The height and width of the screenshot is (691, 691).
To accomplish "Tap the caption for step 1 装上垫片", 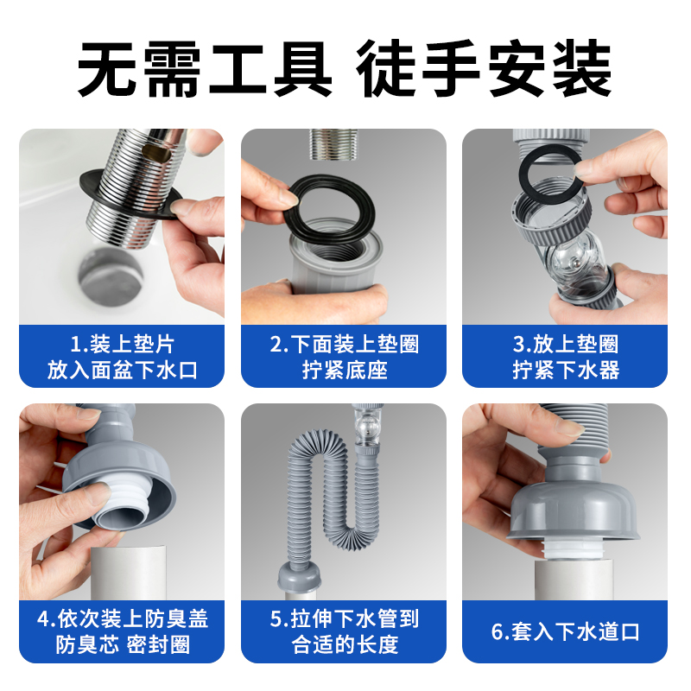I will click(x=122, y=344).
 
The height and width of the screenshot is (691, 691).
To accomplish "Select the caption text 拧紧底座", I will click(x=344, y=371).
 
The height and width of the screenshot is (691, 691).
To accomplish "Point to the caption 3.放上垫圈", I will click(x=566, y=344).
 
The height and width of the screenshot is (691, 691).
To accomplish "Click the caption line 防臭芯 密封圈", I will click(x=122, y=646).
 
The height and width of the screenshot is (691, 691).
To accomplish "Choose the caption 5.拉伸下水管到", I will click(x=344, y=618).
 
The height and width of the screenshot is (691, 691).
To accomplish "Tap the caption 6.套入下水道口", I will click(x=566, y=631).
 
